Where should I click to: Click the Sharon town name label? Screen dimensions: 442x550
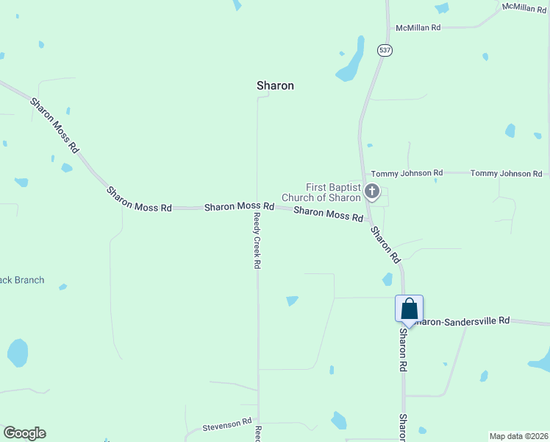275,85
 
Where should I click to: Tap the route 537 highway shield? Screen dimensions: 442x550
385,50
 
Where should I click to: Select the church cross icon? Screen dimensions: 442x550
372,192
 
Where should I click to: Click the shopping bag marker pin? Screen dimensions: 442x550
409,309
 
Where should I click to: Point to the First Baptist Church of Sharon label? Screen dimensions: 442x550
333,192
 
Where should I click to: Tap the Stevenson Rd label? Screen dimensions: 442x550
228,425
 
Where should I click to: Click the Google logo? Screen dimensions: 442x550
24,433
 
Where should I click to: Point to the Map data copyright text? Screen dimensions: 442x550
518,436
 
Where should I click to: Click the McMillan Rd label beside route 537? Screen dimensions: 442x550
418,27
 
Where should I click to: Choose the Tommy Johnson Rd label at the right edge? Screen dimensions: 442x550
506,173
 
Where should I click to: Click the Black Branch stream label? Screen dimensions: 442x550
21,280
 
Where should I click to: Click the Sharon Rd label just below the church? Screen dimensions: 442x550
385,245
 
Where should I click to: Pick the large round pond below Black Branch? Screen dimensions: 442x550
18,353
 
